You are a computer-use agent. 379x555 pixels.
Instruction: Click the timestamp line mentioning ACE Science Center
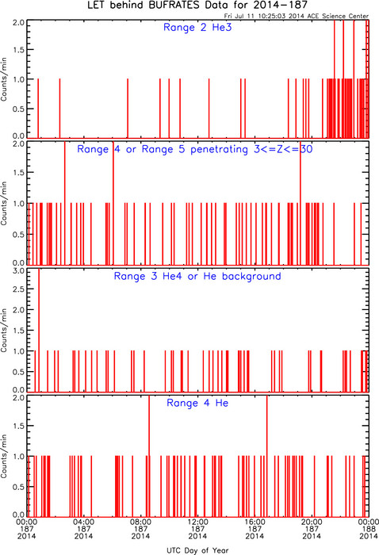click(297, 16)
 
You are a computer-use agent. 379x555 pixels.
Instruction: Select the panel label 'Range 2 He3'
click(197, 27)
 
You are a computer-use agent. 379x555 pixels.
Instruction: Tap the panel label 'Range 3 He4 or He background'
click(197, 276)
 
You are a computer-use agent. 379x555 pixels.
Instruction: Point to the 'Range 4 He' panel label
click(197, 403)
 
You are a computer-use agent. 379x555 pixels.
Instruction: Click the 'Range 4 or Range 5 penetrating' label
click(163, 149)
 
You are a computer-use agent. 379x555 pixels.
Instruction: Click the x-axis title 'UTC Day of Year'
click(197, 550)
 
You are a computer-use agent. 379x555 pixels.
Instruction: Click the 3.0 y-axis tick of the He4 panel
click(19, 271)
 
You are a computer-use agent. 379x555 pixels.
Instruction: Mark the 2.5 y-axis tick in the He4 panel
click(19, 289)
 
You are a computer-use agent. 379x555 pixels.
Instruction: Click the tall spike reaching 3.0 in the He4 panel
click(39, 330)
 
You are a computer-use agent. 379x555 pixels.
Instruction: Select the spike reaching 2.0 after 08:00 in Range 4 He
click(149, 456)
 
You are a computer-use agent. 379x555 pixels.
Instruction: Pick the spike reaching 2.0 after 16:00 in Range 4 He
click(267, 456)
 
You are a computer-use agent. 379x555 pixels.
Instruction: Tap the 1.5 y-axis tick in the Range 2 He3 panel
click(19, 50)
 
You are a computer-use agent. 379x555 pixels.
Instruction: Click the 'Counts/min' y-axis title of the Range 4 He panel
click(4, 456)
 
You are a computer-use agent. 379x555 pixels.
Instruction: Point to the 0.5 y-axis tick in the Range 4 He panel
click(19, 487)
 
